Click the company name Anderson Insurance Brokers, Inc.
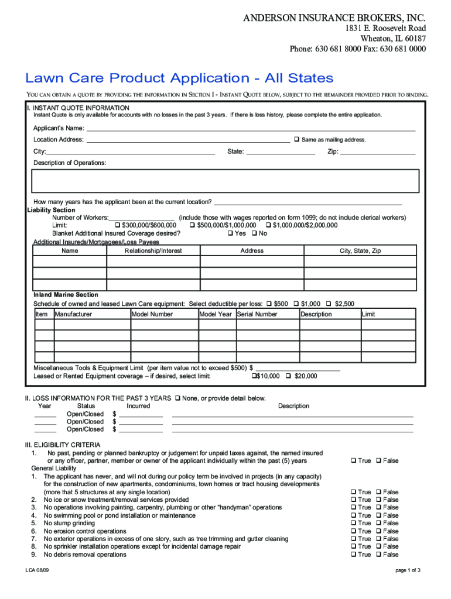[x=334, y=18]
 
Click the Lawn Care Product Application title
[x=179, y=78]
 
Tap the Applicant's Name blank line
[x=251, y=129]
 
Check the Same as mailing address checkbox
[x=296, y=140]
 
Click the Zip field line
[x=378, y=152]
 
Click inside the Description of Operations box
[x=225, y=181]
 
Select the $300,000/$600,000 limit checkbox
[x=118, y=225]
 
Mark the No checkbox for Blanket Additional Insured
[x=254, y=233]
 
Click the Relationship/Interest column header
[x=153, y=251]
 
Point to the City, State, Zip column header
[x=360, y=251]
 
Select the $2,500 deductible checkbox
[x=329, y=304]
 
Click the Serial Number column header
[x=257, y=314]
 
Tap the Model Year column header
[x=216, y=314]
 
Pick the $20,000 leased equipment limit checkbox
[x=288, y=376]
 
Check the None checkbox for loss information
[x=177, y=398]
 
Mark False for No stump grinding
[x=378, y=524]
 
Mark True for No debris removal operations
[x=353, y=555]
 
